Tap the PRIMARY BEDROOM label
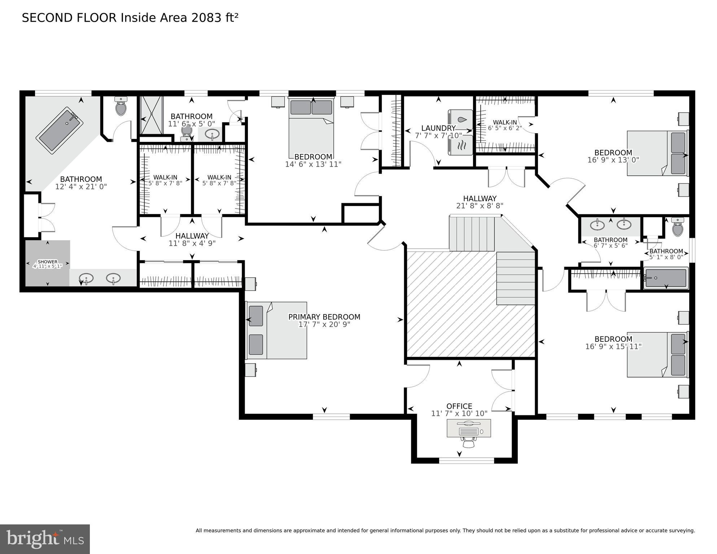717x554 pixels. tap(324, 317)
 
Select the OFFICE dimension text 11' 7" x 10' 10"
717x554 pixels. tap(459, 414)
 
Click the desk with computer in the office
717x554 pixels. tap(469, 428)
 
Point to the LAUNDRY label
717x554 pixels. tap(438, 128)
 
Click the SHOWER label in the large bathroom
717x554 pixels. tap(47, 262)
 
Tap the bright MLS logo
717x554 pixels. tap(45, 539)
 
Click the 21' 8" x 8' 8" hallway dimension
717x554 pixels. tap(480, 206)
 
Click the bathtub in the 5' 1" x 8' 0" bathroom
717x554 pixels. tap(666, 278)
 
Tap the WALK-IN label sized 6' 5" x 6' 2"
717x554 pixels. tap(505, 122)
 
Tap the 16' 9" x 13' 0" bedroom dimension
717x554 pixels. tap(613, 160)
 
